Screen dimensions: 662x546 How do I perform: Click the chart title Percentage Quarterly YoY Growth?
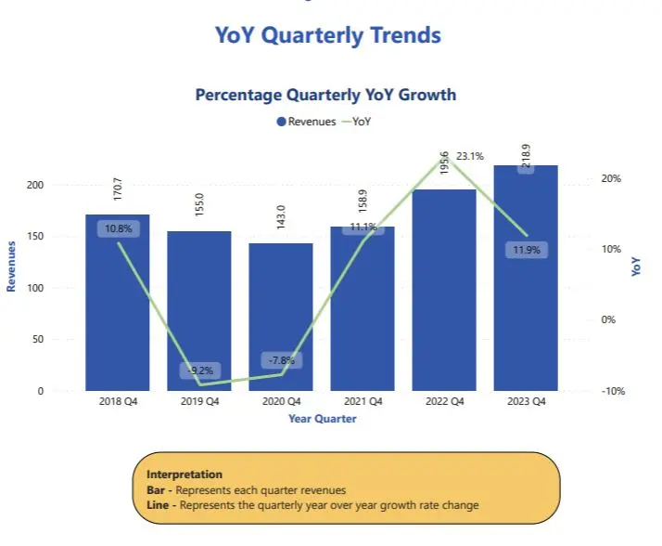coord(325,95)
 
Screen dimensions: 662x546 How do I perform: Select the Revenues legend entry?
coord(306,122)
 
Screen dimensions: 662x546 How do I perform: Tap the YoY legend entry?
coord(356,122)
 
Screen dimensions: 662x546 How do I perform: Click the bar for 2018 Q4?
coord(118,303)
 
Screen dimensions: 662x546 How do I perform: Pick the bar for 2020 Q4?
coord(281,317)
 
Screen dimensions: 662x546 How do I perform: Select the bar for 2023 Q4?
coord(526,278)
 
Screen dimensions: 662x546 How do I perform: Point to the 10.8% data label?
coord(119,228)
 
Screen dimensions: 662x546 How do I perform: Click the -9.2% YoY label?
coord(200,370)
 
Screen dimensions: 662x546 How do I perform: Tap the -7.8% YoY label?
coord(282,360)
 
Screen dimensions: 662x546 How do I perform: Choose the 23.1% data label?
coord(470,156)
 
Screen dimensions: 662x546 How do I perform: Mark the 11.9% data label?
coord(527,250)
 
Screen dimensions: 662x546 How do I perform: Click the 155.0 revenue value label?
coord(199,204)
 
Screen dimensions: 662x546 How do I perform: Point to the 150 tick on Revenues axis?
coord(35,237)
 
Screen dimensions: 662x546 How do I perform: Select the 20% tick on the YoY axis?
coord(611,178)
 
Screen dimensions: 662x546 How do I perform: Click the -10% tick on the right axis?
coord(613,391)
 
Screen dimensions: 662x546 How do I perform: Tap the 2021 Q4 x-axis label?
coord(363,401)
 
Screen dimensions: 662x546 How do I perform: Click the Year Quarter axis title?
coord(322,419)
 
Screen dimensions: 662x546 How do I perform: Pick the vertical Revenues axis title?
coord(11,266)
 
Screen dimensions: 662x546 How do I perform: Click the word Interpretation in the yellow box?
coord(185,474)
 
